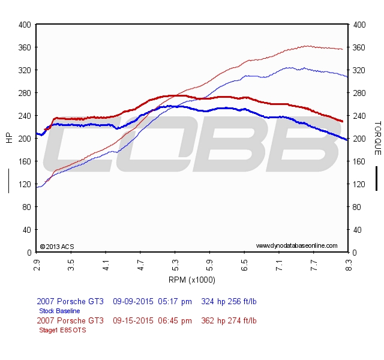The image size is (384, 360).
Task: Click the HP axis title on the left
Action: coord(9,138)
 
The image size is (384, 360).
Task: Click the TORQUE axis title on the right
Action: coord(377,138)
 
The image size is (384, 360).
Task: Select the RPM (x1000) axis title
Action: coord(192,280)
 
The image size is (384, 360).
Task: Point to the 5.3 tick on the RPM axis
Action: coord(175,263)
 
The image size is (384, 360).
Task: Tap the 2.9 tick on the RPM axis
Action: coord(37,263)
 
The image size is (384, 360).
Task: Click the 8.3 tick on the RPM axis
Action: coord(349,263)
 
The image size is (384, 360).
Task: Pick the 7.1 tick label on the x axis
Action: coord(279,263)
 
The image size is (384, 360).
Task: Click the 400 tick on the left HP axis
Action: coord(25,25)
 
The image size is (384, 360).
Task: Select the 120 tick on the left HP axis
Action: coord(25,184)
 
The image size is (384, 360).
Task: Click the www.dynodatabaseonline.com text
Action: coord(296,246)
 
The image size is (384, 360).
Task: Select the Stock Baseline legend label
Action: coord(59,311)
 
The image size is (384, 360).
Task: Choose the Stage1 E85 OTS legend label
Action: coord(62,330)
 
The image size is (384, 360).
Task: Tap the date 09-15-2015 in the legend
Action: coord(133,320)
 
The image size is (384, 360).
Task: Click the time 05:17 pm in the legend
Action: coord(175,301)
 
